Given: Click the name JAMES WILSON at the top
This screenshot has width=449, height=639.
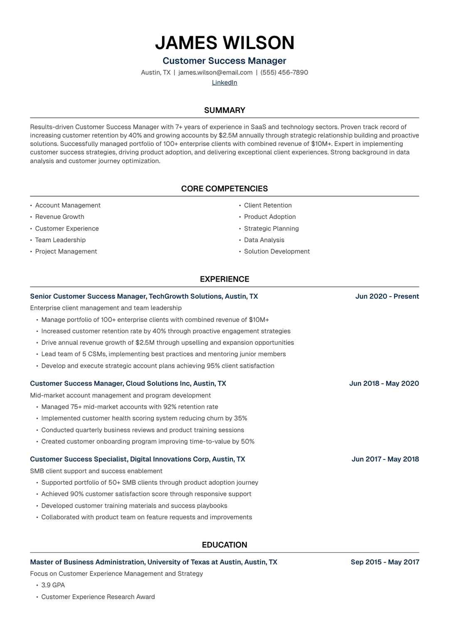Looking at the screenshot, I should tap(224, 43).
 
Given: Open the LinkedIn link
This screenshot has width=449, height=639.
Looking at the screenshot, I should tap(224, 83).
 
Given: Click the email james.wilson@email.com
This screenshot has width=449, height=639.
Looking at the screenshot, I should tap(215, 73).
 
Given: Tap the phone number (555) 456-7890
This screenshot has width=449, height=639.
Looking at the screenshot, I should tap(284, 73).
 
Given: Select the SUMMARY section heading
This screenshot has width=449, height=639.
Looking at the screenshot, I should tap(224, 111).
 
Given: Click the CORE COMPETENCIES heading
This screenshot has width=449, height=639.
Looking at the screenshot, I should tap(224, 189).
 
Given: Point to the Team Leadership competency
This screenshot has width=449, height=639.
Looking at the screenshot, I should tap(60, 240).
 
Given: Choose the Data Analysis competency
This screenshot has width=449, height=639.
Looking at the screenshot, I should tap(264, 240).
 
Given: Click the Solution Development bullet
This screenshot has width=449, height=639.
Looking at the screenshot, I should tap(277, 252).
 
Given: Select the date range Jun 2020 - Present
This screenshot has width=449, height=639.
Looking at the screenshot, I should tap(387, 297).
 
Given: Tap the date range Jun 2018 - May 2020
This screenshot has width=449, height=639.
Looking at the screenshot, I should tap(384, 383).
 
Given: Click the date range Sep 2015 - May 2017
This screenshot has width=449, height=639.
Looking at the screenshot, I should tap(385, 562).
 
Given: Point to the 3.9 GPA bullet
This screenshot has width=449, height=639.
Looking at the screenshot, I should tap(53, 585).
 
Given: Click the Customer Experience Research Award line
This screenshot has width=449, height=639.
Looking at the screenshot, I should tap(98, 597).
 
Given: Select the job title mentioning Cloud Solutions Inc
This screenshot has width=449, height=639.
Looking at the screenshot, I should tap(128, 383).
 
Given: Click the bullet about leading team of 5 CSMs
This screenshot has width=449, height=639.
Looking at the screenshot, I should tap(163, 354).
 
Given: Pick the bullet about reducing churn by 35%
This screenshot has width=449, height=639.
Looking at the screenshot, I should tap(144, 418).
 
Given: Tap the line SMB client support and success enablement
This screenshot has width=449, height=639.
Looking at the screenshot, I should tap(96, 471).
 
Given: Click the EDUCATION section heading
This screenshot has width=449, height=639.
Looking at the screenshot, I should tap(224, 545).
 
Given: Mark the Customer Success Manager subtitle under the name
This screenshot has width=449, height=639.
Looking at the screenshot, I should tap(224, 61).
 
